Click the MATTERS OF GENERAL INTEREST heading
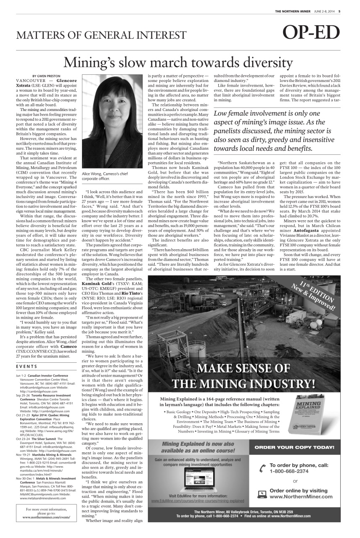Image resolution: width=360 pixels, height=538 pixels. [x=101, y=35]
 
